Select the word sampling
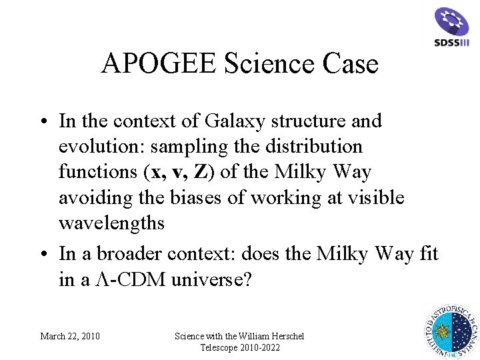197,147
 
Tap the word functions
97,172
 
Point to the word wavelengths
111,223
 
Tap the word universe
211,280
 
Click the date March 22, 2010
70,336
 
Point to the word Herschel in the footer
283,336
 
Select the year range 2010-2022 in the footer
256,348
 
